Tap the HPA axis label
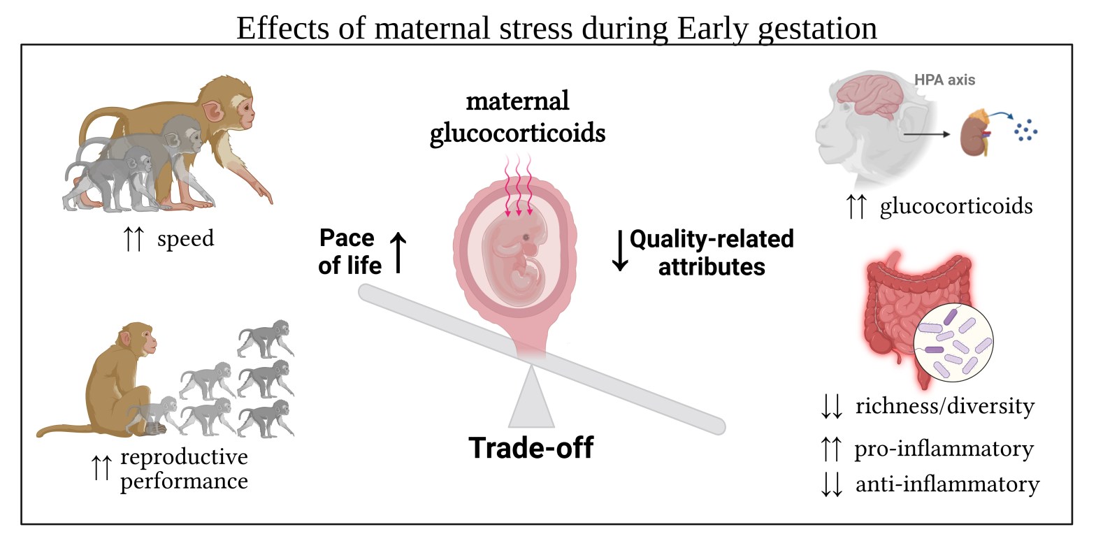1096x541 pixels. pyautogui.click(x=944, y=80)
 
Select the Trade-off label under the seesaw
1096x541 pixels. pyautogui.click(x=531, y=447)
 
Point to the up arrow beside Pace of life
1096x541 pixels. pyautogui.click(x=398, y=252)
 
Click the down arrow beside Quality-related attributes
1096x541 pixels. pyautogui.click(x=620, y=250)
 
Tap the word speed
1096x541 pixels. pyautogui.click(x=185, y=239)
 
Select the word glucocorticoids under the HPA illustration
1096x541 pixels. pyautogui.click(x=956, y=206)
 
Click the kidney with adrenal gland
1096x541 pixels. pyautogui.click(x=976, y=131)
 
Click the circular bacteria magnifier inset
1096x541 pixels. pyautogui.click(x=953, y=342)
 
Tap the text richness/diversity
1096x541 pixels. pyautogui.click(x=945, y=406)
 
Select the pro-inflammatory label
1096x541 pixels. pyautogui.click(x=944, y=449)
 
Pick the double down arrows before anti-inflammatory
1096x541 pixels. pyautogui.click(x=832, y=485)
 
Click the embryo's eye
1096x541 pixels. pyautogui.click(x=526, y=238)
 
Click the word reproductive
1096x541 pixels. pyautogui.click(x=184, y=457)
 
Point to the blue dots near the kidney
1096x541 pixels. pyautogui.click(x=1025, y=130)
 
